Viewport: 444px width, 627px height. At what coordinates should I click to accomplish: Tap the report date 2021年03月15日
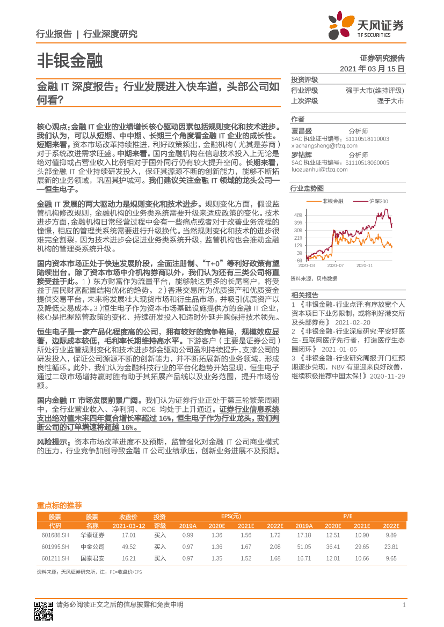tap(372, 69)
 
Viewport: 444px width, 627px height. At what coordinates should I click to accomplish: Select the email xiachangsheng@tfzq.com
tap(322, 145)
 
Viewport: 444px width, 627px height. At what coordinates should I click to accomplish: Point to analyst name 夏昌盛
tap(301, 130)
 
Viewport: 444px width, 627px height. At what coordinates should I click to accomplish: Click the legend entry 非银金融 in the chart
tap(333, 201)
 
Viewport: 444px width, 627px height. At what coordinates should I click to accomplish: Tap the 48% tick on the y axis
tap(298, 215)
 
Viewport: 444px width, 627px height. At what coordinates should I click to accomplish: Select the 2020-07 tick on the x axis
tap(336, 265)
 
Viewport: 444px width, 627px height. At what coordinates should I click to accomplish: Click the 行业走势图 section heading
tap(307, 188)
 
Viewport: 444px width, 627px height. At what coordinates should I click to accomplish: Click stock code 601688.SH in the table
tap(55, 535)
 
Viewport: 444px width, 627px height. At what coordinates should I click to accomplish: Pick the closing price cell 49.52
tap(129, 547)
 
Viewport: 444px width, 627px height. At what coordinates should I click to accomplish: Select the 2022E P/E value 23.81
tap(391, 547)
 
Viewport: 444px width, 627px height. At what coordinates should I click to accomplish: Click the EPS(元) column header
tap(232, 516)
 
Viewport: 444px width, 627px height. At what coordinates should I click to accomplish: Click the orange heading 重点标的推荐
tap(59, 505)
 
